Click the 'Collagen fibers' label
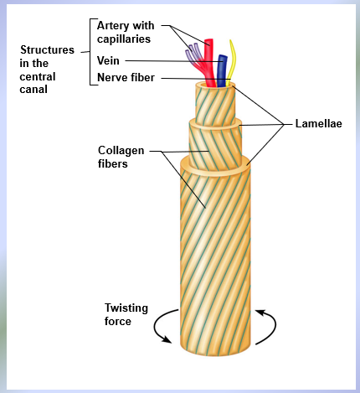tap(121, 157)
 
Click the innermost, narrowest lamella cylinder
tap(215, 104)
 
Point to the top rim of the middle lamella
tap(215, 122)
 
